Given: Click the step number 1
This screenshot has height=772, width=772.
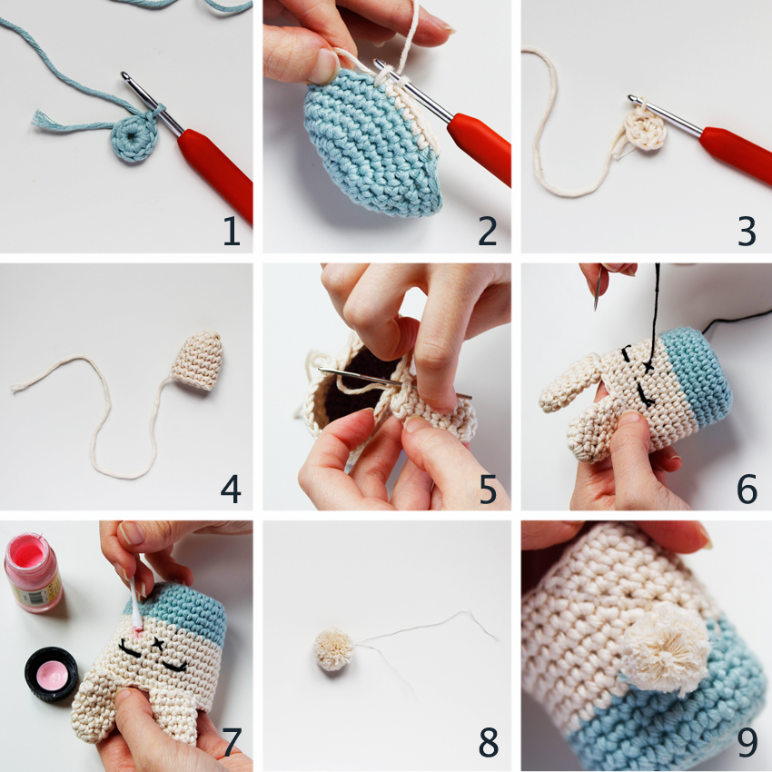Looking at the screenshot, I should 232,232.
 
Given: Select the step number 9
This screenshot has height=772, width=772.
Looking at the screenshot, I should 747,743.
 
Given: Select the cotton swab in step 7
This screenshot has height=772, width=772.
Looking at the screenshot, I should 134,604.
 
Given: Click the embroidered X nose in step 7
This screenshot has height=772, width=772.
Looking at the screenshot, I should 163,644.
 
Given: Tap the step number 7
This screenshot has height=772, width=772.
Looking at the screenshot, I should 232,743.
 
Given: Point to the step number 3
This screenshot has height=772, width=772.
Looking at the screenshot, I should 747,232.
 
